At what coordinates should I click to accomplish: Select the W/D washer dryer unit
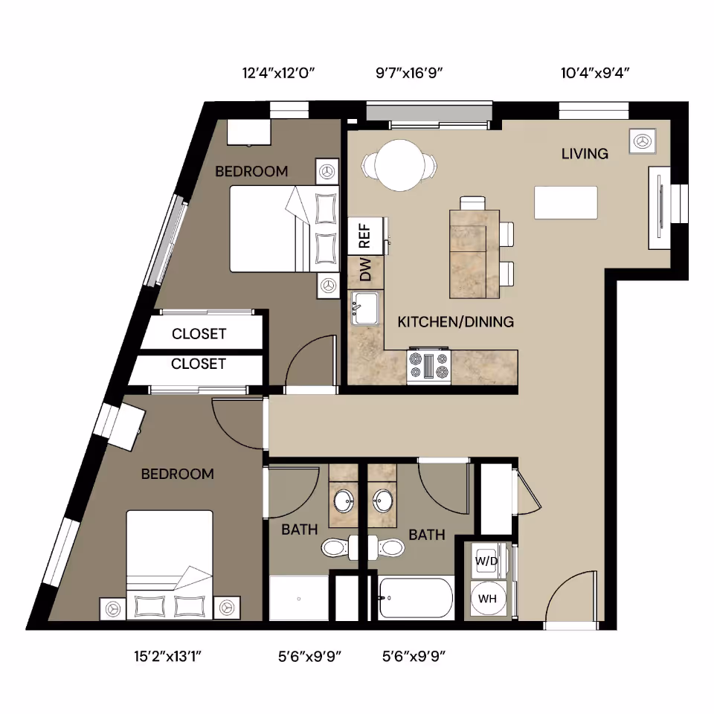point(486,560)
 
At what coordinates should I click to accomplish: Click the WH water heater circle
point(487,599)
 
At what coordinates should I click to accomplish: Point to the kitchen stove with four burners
point(429,367)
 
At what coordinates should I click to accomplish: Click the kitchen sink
point(365,307)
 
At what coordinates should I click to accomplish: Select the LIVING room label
point(585,154)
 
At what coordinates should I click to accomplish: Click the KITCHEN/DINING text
point(456,322)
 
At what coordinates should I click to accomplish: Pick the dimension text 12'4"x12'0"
point(279,73)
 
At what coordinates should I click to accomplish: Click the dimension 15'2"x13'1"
point(168,656)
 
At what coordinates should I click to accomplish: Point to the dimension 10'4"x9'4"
point(596,73)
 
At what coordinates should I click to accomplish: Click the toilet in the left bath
point(334,548)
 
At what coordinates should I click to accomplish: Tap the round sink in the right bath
point(384,500)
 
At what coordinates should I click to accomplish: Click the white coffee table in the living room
point(566,202)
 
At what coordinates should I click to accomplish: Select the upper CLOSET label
point(199,334)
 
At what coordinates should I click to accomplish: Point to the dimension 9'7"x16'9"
point(410,73)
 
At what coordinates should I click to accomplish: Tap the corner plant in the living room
point(643,141)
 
